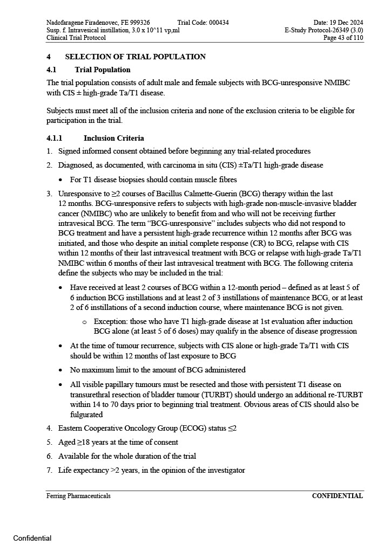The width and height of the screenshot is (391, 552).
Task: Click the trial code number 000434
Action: pyautogui.click(x=218, y=22)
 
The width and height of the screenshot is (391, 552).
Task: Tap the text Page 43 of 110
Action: pyautogui.click(x=343, y=38)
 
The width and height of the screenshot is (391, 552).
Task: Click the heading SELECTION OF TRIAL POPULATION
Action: pyautogui.click(x=135, y=57)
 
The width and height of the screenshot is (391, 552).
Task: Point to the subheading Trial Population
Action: pyautogui.click(x=103, y=70)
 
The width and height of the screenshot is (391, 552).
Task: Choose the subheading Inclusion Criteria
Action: pyautogui.click(x=113, y=139)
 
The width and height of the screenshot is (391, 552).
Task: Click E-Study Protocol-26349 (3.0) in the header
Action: pyautogui.click(x=323, y=30)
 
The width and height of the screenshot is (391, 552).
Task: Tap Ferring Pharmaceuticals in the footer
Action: pyautogui.click(x=78, y=496)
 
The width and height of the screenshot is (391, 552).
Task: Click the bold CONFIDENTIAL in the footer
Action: pyautogui.click(x=337, y=496)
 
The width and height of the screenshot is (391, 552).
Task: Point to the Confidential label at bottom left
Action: pyautogui.click(x=32, y=538)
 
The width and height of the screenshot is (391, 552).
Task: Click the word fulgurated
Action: pyautogui.click(x=86, y=415)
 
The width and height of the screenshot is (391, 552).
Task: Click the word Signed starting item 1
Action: pyautogui.click(x=70, y=151)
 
